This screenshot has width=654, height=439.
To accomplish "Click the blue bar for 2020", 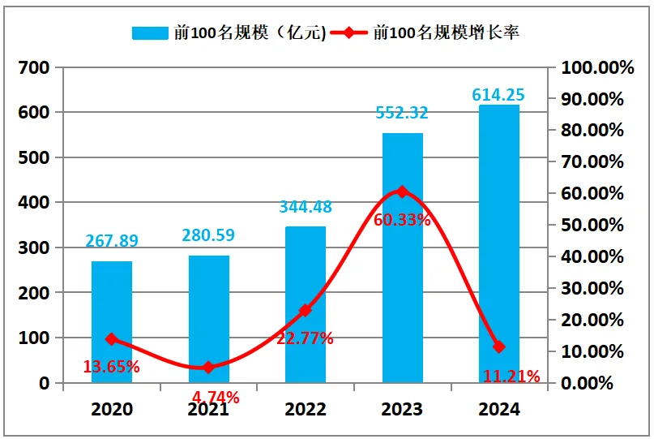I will (x=111, y=321).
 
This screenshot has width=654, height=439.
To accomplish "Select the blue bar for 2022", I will (x=305, y=304).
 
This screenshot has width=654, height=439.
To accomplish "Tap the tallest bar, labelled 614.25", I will (x=498, y=243).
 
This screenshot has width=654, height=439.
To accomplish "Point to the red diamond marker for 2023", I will (x=402, y=192).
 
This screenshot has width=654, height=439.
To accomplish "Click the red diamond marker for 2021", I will (x=208, y=368).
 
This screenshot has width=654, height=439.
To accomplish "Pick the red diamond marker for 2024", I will (x=498, y=346).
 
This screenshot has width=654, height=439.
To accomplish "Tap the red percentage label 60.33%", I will (x=402, y=219).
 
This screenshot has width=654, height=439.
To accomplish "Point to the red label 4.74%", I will (x=216, y=397).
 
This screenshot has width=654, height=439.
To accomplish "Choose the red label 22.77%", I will (x=305, y=338).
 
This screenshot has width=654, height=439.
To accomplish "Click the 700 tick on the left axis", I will (x=33, y=67).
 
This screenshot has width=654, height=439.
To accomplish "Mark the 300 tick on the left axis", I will (x=33, y=247).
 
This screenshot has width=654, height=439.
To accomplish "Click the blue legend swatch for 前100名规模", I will (x=149, y=33).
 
